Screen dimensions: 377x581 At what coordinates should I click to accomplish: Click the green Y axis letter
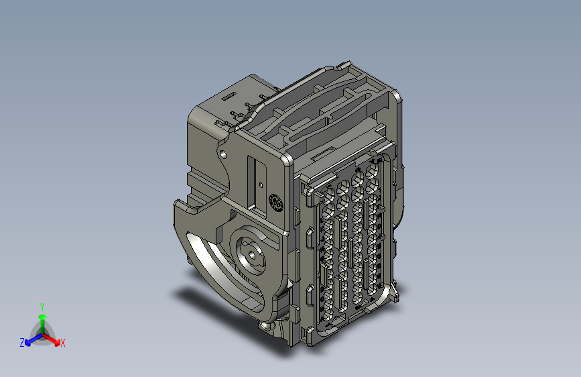click(42, 305)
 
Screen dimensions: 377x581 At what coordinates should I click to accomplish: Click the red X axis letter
click(63, 343)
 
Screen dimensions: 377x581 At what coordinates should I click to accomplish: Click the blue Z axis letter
click(22, 343)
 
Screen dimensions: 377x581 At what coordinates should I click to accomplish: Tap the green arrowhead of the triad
click(42, 316)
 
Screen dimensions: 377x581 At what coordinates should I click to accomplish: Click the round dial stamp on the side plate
click(275, 203)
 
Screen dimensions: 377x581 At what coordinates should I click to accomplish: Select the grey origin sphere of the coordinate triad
click(42, 333)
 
